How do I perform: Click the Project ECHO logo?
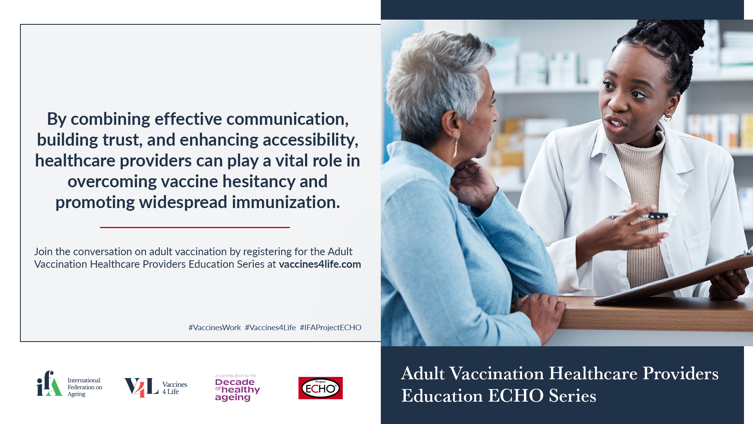pyautogui.click(x=320, y=388)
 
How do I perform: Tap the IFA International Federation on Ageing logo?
pyautogui.click(x=69, y=384)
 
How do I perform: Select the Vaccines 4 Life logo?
pyautogui.click(x=156, y=387)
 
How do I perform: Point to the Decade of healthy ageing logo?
pyautogui.click(x=237, y=388)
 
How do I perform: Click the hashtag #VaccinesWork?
pyautogui.click(x=215, y=327)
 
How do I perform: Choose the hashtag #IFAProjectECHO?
pyautogui.click(x=331, y=327)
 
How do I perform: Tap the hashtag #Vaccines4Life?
pyautogui.click(x=270, y=327)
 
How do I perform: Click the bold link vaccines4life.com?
pyautogui.click(x=320, y=264)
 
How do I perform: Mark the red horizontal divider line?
pyautogui.click(x=195, y=227)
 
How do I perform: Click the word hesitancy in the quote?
pyautogui.click(x=259, y=181)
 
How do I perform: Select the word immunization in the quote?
pyautogui.click(x=286, y=202)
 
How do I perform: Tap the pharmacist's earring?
pyautogui.click(x=668, y=117)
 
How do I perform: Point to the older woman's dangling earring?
pyautogui.click(x=456, y=147)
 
